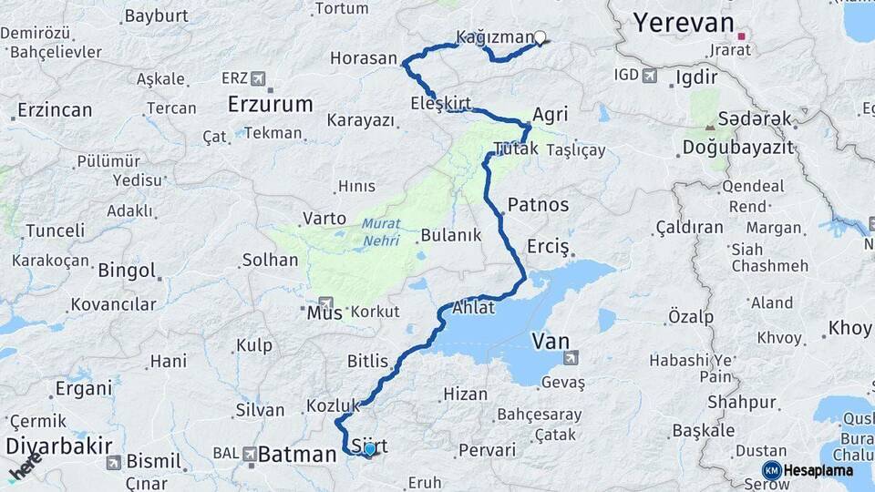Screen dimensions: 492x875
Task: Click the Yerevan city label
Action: click(x=683, y=23)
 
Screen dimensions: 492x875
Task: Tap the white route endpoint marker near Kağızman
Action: click(x=540, y=38)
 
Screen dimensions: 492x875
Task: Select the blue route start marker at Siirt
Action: click(x=369, y=449)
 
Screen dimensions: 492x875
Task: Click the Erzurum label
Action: click(x=271, y=104)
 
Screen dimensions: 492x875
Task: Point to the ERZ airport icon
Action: click(x=258, y=78)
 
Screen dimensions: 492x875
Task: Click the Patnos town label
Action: click(x=538, y=205)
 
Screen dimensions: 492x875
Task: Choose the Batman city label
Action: click(x=297, y=454)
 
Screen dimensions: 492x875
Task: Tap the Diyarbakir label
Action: click(x=59, y=446)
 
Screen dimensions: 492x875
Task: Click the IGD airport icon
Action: click(x=649, y=76)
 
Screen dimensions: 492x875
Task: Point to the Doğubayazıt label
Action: click(x=738, y=148)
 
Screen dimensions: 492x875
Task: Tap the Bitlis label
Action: click(x=367, y=362)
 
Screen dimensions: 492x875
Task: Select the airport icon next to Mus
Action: click(x=325, y=303)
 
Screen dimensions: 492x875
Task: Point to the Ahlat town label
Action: click(x=472, y=308)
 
